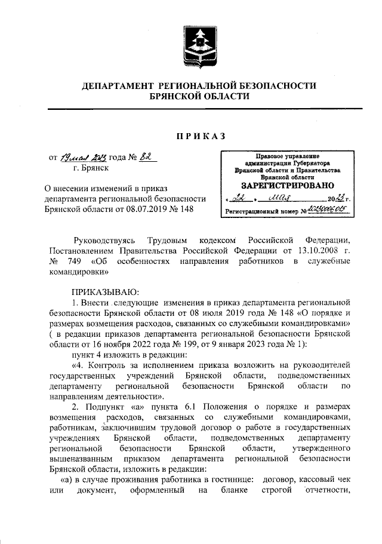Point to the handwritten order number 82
[x=146, y=158]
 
